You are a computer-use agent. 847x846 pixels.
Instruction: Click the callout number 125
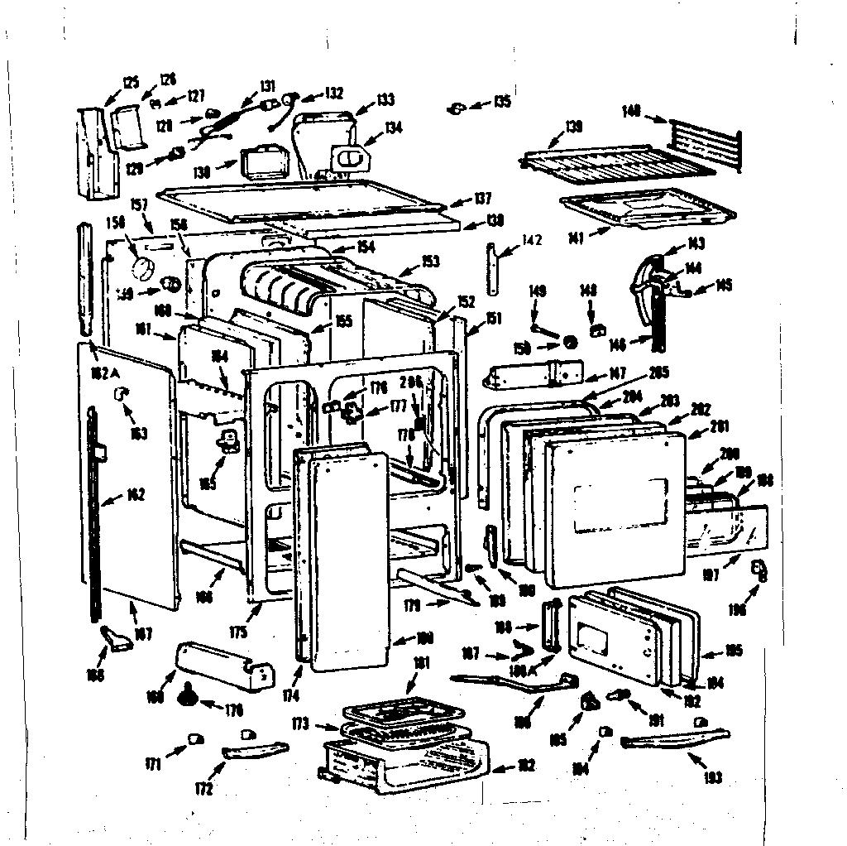tap(130, 82)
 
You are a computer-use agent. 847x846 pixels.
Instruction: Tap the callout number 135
tap(501, 102)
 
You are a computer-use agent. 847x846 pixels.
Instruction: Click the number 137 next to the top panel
tap(482, 199)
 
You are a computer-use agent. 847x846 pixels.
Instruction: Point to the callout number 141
tap(577, 238)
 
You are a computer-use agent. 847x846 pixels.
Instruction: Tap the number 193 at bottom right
tap(712, 777)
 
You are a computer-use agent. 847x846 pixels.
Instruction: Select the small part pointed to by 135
tap(457, 108)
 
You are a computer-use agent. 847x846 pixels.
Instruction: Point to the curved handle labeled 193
tap(674, 739)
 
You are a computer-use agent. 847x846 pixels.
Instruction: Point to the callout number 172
tap(203, 789)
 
